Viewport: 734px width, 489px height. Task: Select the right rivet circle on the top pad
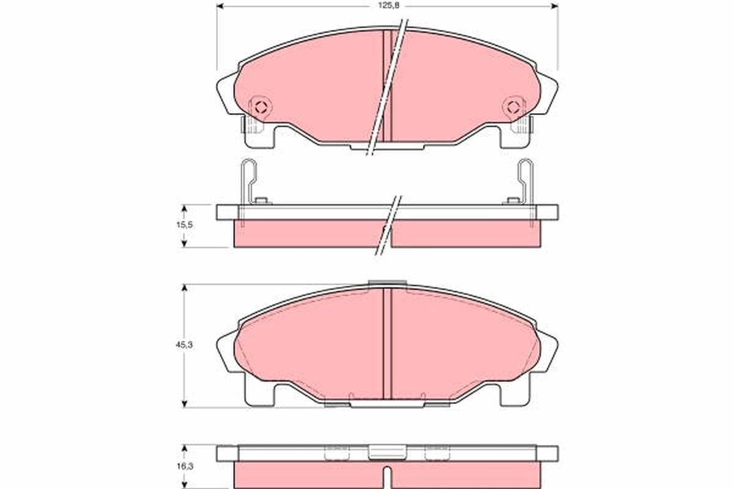513,108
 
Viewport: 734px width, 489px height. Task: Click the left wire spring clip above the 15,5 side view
248,180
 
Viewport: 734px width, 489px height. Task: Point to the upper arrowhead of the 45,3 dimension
184,288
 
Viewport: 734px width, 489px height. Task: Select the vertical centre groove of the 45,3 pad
387,342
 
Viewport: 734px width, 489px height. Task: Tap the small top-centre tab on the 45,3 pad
387,282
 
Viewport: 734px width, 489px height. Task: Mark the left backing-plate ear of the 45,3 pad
226,351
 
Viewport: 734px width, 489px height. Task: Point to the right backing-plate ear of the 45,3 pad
548,351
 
